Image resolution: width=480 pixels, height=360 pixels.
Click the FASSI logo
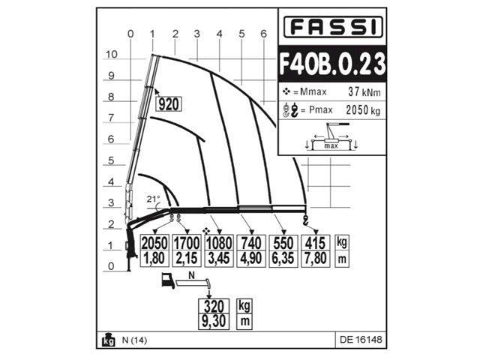(x=333, y=27)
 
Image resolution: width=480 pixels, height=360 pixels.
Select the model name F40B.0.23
(x=332, y=64)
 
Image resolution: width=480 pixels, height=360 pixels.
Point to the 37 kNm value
(x=364, y=91)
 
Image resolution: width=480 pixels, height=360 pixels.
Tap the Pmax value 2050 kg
(x=363, y=110)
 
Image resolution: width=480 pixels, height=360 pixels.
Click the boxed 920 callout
(x=169, y=104)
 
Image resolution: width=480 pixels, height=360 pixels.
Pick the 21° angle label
(x=153, y=199)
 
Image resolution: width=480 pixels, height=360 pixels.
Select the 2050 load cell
(x=154, y=243)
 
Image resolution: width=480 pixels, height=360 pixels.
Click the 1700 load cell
(x=187, y=243)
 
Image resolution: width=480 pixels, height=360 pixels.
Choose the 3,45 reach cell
(x=219, y=259)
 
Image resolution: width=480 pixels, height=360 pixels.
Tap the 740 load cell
(x=251, y=243)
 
